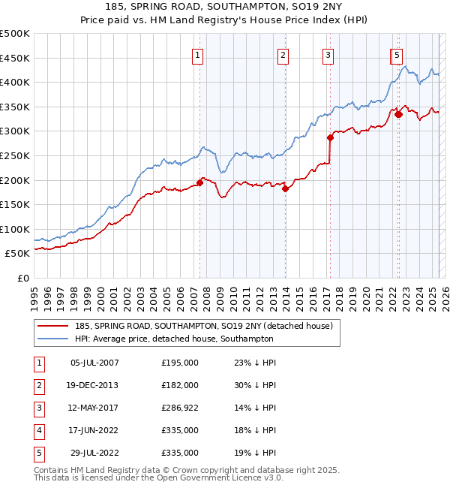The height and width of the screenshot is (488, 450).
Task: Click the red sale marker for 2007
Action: [200, 182]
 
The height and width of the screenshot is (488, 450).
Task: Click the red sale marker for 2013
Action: [286, 189]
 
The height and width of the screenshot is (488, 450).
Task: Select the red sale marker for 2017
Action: [330, 138]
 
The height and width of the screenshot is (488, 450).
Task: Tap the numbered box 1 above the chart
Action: [197, 54]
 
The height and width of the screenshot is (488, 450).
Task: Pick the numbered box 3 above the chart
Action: [328, 54]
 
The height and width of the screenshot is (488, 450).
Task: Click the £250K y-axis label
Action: [15, 155]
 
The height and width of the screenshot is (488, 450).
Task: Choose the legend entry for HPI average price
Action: [174, 339]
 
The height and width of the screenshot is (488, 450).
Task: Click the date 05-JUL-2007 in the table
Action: [94, 363]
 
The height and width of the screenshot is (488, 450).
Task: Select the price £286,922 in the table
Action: [180, 408]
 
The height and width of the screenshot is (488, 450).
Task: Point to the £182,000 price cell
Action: [180, 385]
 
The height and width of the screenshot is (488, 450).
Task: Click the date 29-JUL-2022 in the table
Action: [94, 453]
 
